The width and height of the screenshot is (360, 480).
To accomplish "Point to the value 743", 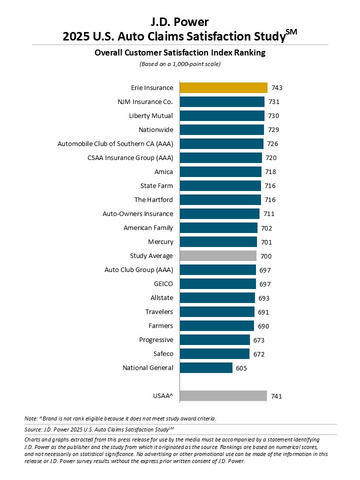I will (x=280, y=87).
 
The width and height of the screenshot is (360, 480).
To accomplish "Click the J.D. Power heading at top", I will (x=180, y=11).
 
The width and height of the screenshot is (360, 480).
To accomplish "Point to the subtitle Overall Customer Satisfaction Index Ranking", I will (x=180, y=49).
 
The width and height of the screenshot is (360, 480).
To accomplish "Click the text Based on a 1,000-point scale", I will (x=180, y=63).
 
